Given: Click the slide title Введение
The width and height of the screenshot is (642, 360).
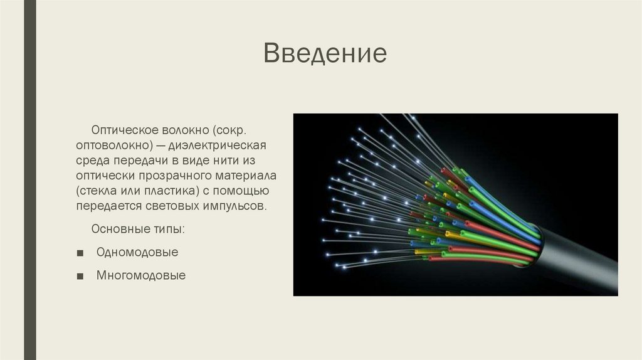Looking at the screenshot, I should click(x=324, y=54).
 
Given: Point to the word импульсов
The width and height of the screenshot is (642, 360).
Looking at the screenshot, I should click(x=236, y=206).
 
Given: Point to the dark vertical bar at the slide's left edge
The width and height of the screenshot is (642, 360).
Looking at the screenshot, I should click(x=29, y=180).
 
